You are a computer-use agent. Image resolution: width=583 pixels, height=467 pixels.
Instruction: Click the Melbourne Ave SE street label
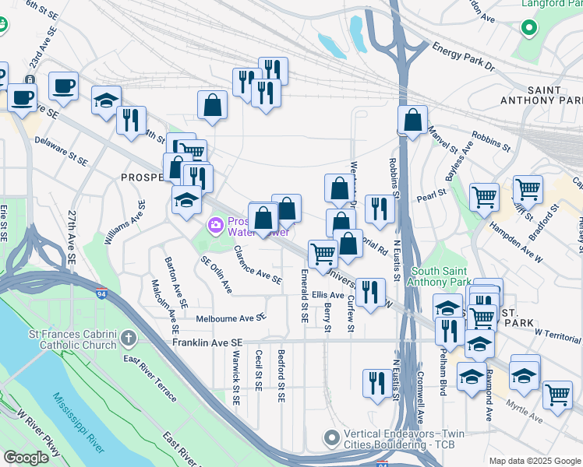pyautogui.click(x=231, y=318)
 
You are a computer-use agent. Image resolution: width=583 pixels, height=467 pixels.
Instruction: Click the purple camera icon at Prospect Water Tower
pyautogui.click(x=215, y=226)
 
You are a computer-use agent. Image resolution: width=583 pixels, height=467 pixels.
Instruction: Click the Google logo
pyautogui.click(x=26, y=458)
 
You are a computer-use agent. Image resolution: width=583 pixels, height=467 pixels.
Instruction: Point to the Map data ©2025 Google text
pyautogui.click(x=535, y=461)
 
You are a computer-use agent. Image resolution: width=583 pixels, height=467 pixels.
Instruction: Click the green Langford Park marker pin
pyautogui.click(x=529, y=29)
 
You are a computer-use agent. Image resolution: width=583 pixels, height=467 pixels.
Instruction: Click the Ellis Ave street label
pyautogui.click(x=327, y=296)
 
